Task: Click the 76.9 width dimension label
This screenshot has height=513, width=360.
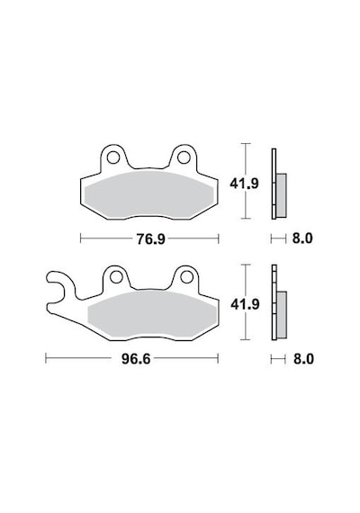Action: pyautogui.click(x=151, y=239)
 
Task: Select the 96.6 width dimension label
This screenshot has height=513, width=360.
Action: pyautogui.click(x=136, y=359)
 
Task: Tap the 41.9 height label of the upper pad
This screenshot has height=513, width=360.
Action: pyautogui.click(x=244, y=184)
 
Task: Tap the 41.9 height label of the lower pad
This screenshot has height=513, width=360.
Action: pyautogui.click(x=245, y=304)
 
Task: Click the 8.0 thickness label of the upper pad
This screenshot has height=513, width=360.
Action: pyautogui.click(x=302, y=238)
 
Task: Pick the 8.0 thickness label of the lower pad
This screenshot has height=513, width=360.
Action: pyautogui.click(x=303, y=359)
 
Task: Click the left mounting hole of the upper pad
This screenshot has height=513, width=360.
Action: pyautogui.click(x=113, y=157)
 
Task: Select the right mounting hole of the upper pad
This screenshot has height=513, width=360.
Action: pyautogui.click(x=184, y=157)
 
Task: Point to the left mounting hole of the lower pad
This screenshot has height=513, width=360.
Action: pyautogui.click(x=116, y=277)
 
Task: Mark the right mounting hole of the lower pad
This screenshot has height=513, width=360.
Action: pyautogui.click(x=186, y=277)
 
